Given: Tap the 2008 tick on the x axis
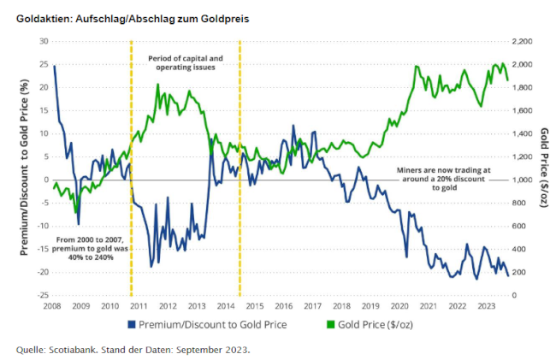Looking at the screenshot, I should tap(51, 305).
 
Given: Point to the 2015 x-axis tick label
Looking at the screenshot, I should tap(257, 305).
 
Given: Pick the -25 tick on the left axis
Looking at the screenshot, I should tap(40, 295).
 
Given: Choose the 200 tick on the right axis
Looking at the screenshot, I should tap(519, 272).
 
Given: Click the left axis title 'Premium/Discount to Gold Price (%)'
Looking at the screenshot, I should tap(26, 168).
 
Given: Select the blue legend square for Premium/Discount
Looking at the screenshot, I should tap(133, 325).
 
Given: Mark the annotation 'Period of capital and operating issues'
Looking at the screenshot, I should tap(186, 62).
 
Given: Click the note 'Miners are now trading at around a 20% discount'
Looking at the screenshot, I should tap(445, 179).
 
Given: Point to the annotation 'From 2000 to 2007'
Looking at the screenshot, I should tap(90, 248).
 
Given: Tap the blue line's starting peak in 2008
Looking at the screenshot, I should tap(55, 67).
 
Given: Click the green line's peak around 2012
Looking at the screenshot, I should tap(158, 85).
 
